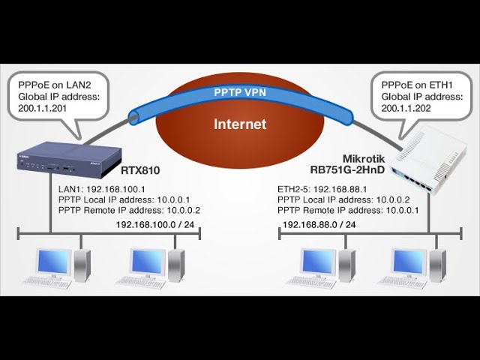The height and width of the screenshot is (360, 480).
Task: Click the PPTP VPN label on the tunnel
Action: [240, 92]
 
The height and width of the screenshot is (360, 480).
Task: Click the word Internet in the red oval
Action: [240, 124]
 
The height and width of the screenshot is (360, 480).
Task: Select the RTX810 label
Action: [140, 170]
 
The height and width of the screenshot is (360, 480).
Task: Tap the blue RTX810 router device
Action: [69, 160]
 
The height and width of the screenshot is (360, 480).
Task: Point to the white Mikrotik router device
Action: [428, 163]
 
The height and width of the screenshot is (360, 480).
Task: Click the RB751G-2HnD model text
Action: [347, 169]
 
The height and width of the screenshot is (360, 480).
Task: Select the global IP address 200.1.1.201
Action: [42, 108]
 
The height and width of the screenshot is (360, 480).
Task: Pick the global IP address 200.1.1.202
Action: [406, 108]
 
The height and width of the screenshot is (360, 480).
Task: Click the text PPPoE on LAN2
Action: [55, 85]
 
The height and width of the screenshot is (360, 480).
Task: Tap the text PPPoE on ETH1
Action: [417, 85]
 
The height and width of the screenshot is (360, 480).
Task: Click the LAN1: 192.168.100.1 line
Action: [102, 190]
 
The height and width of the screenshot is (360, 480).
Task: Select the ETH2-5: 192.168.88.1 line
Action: [322, 189]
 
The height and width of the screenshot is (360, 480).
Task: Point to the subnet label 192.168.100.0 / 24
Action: [155, 225]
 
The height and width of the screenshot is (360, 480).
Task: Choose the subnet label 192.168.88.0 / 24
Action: [319, 225]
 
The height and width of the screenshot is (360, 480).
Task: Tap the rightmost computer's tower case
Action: [438, 265]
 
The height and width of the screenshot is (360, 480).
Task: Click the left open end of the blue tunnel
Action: [134, 118]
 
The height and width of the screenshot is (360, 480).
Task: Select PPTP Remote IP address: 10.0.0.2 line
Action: [129, 210]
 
